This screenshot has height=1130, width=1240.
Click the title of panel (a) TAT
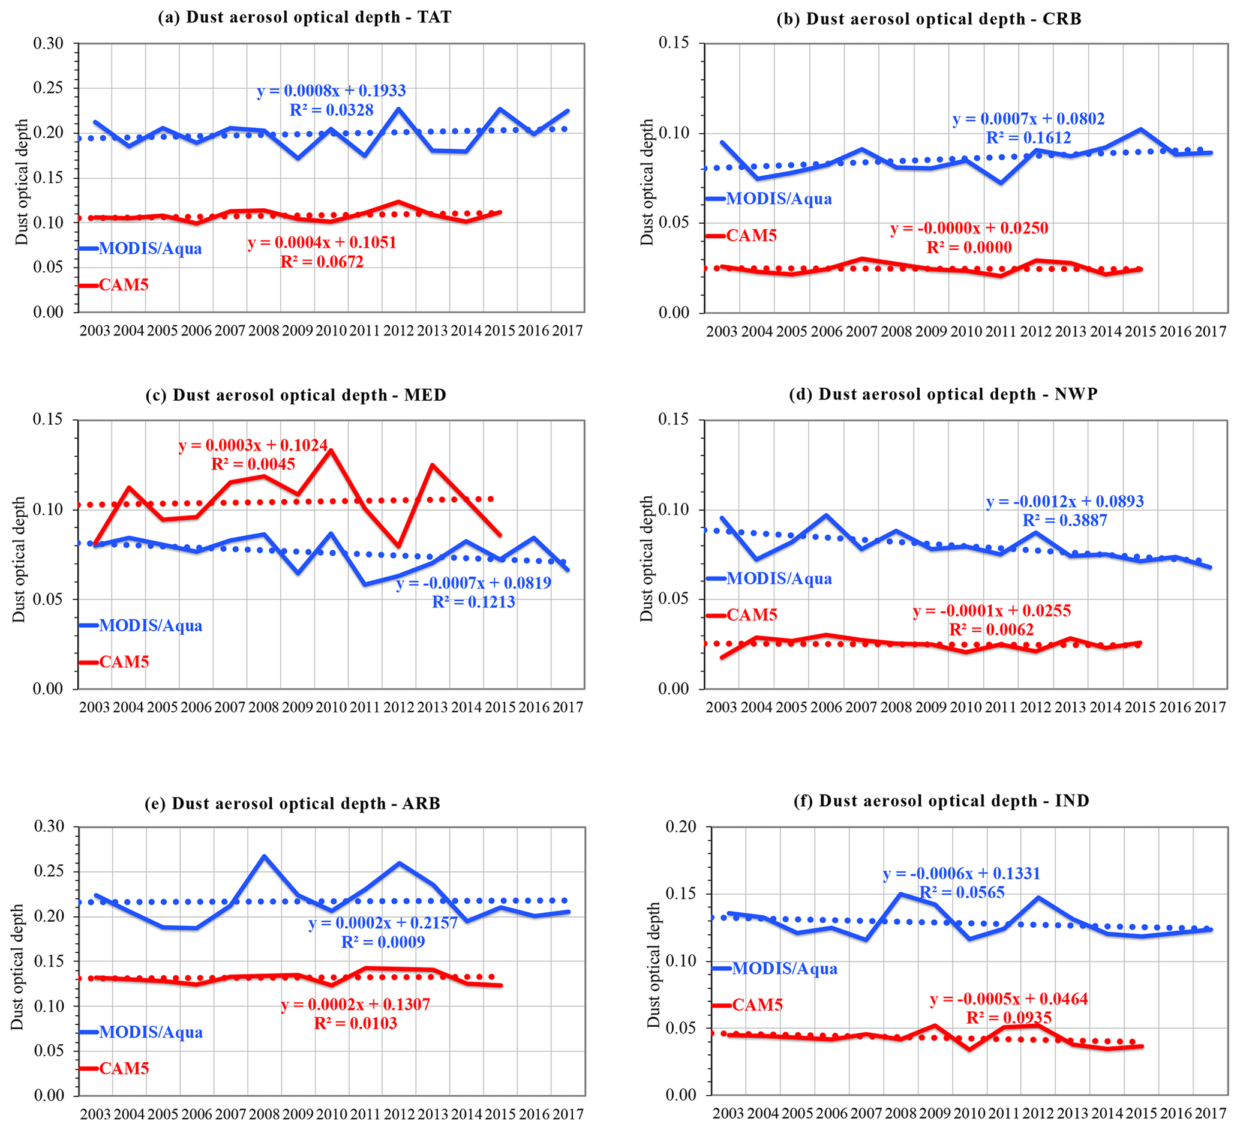coord(305,17)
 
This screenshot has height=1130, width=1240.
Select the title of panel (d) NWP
coord(943,394)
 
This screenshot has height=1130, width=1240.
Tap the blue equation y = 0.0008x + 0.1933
coord(332,91)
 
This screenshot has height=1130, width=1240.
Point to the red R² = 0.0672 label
coord(322,262)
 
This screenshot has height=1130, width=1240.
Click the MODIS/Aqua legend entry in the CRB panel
coord(779,199)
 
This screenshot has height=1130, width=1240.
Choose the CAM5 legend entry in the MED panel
coord(124,662)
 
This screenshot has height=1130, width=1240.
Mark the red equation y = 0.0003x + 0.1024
coord(253,445)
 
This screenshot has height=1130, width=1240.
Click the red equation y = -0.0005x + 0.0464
coord(1008,999)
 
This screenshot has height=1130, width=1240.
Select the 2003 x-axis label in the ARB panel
coord(95,1113)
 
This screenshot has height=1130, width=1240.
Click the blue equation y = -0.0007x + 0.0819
coord(473,583)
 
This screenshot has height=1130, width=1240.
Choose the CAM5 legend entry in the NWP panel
coord(752,615)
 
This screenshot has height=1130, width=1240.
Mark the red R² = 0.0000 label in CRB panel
coord(969,247)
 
